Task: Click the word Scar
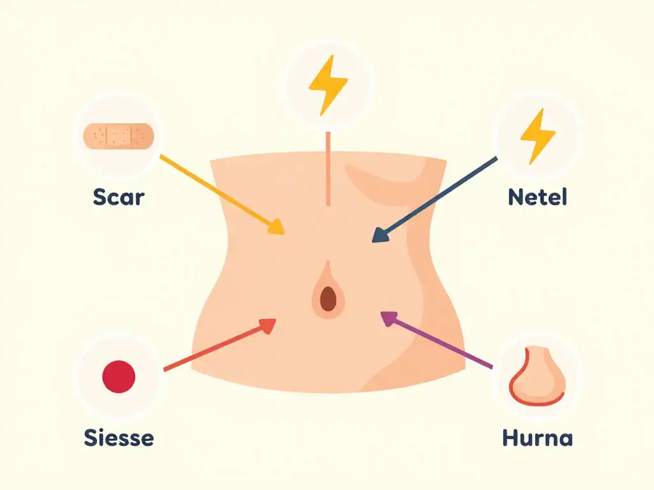tap(119, 197)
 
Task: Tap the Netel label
tap(537, 197)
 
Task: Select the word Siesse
tap(119, 438)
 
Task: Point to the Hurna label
tap(537, 438)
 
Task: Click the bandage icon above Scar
tap(118, 136)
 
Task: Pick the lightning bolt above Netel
tap(537, 135)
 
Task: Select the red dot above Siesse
tap(119, 376)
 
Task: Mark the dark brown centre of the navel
tap(327, 298)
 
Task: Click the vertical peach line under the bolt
tap(328, 169)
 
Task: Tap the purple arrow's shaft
tap(441, 341)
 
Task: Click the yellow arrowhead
tap(278, 227)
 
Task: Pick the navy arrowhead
tap(379, 235)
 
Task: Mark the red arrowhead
tap(268, 324)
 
